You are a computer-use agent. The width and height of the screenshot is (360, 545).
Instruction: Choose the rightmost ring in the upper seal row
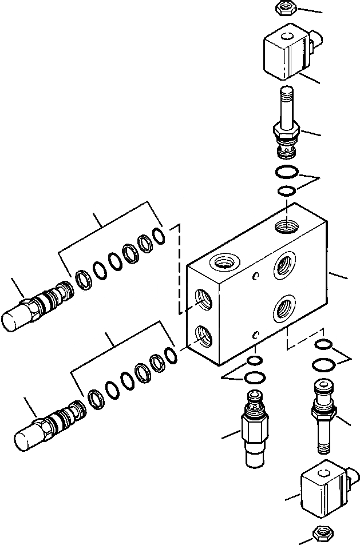(160, 234)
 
